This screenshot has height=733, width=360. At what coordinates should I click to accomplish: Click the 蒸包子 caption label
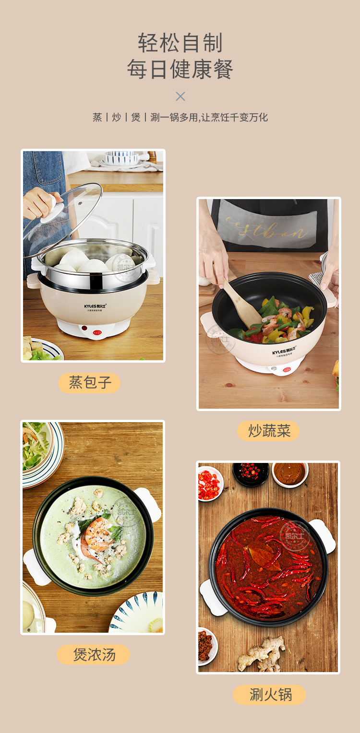click(89, 383)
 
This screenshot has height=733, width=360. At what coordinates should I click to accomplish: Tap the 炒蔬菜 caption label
click(269, 431)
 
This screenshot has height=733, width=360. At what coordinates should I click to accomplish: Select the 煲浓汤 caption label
click(94, 655)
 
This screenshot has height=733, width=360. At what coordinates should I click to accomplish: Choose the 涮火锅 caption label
click(270, 695)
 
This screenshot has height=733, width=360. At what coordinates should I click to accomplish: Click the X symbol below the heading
click(180, 96)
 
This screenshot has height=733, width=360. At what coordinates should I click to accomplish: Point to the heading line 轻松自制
click(180, 43)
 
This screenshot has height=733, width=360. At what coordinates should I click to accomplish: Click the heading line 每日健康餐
click(180, 70)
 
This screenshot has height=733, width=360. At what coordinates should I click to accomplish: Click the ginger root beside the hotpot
click(262, 653)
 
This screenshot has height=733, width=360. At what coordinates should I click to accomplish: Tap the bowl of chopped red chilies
click(209, 484)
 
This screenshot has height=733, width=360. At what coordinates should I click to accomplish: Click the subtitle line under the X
click(180, 118)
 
